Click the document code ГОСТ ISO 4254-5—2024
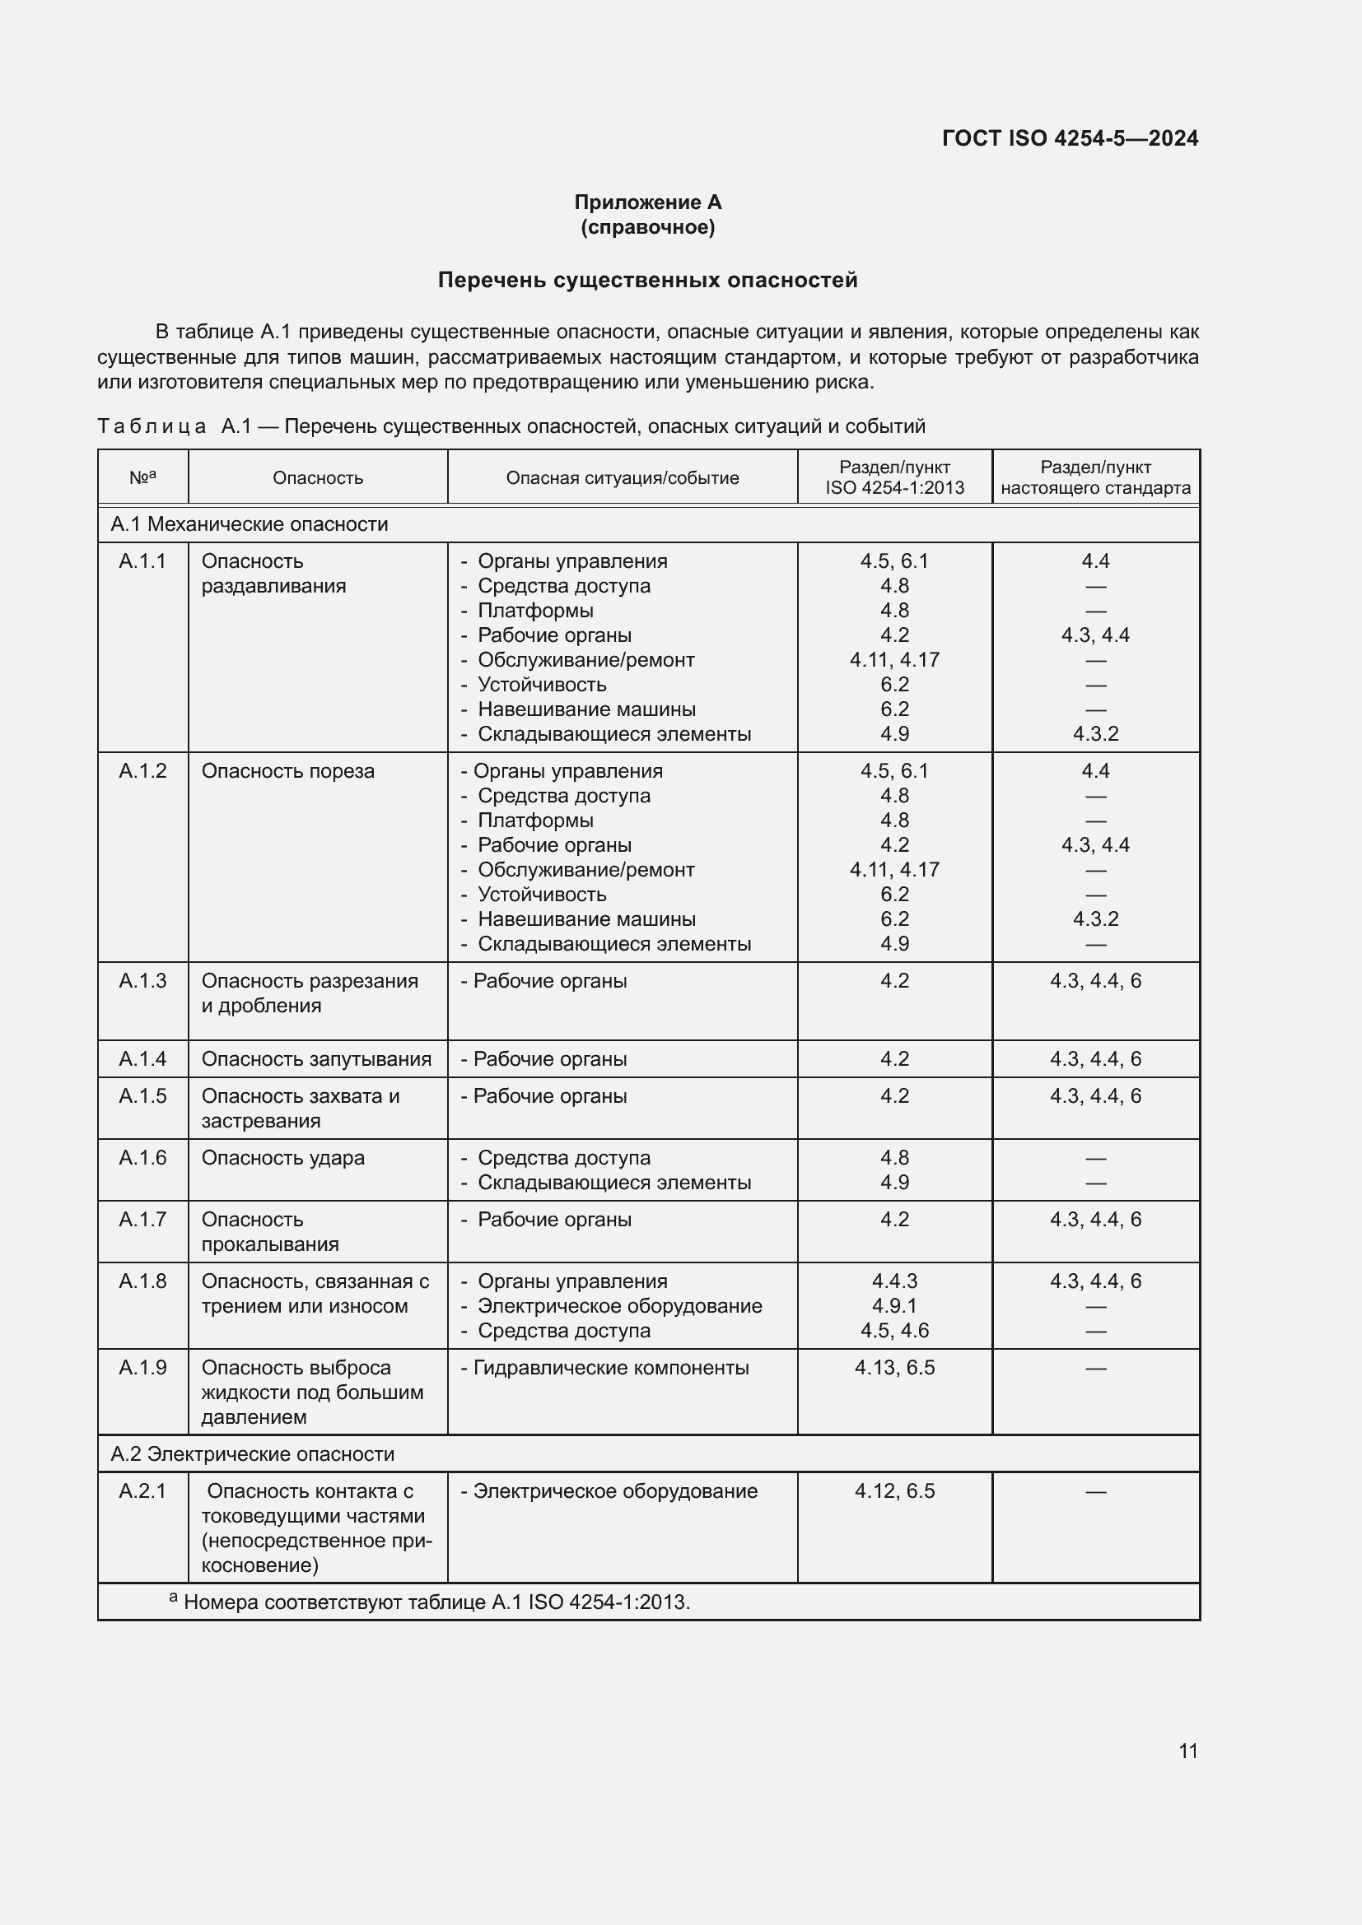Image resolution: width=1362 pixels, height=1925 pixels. coord(1070,138)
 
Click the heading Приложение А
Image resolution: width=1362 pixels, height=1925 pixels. coord(647,202)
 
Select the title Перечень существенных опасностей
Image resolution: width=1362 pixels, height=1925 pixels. coord(647,280)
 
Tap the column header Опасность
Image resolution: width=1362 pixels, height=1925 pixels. coord(318,478)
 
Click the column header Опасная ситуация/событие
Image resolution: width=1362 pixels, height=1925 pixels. coord(623,478)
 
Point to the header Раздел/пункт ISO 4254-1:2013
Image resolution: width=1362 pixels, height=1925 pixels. coord(894,478)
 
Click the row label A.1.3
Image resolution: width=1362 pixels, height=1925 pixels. coord(142,980)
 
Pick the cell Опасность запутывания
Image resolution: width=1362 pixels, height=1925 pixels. coord(316,1059)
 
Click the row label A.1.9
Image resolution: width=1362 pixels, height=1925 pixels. coord(142,1368)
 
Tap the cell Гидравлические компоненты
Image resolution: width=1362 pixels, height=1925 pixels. coord(610,1368)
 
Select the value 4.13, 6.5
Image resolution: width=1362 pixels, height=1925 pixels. coord(894,1368)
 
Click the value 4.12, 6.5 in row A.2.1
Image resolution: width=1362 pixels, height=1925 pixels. coord(894,1490)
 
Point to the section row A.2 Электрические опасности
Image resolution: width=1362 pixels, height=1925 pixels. coord(253,1453)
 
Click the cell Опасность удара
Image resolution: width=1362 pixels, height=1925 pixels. coord(282,1158)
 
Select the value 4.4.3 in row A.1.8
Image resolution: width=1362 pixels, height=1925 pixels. coord(894,1281)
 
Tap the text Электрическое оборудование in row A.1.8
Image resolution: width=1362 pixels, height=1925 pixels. coord(619,1305)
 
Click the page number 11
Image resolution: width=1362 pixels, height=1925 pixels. coord(1187,1751)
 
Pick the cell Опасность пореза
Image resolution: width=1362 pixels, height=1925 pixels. coord(287,770)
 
